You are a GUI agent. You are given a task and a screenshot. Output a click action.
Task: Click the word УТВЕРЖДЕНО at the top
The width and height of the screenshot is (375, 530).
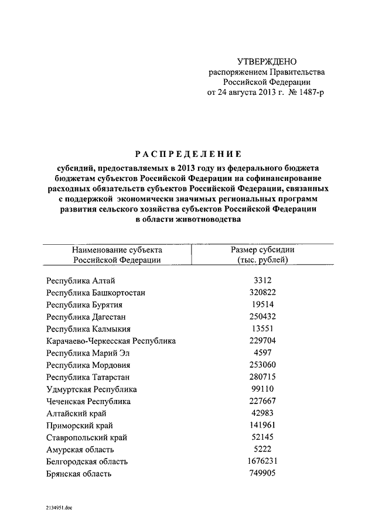(267, 61)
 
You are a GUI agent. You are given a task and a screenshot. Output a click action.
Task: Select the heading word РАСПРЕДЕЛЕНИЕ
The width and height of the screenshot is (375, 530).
(188, 155)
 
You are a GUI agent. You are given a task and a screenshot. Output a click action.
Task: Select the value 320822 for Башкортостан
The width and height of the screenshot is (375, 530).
(262, 292)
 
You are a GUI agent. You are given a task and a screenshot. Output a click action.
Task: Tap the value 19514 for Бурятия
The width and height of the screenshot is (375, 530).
(262, 305)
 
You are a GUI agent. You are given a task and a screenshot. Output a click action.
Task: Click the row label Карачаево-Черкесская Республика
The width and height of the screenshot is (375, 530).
(111, 341)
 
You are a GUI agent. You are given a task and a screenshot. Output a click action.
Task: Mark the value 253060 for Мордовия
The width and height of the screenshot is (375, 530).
(262, 365)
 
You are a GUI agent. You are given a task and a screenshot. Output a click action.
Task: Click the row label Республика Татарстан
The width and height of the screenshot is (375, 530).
(87, 377)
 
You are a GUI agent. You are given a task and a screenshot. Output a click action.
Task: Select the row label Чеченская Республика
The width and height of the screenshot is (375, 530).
(88, 402)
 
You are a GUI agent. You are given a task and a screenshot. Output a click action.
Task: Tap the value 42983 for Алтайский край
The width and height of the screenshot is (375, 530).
(262, 413)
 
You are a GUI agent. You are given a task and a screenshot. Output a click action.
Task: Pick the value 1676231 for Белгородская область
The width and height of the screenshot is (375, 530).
(262, 461)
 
